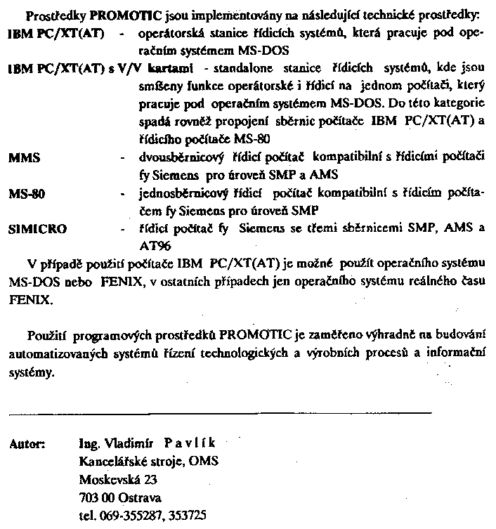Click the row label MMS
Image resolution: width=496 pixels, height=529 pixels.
[25, 157]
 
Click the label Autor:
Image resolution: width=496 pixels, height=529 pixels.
[27, 444]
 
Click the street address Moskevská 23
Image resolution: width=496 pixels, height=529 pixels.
[117, 481]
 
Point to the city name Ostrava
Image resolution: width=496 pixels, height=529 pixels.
[139, 499]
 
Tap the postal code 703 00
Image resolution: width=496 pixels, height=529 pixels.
[98, 499]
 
